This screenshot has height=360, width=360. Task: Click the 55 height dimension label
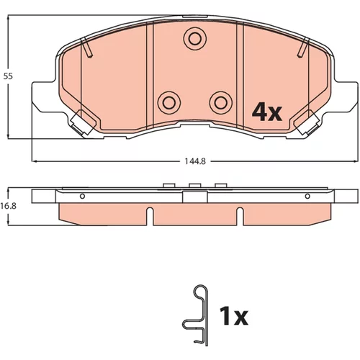tap(8, 76)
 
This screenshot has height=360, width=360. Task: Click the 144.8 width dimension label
tap(195, 161)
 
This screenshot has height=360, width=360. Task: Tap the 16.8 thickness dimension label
tap(8, 206)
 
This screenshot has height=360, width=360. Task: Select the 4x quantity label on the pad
tap(266, 112)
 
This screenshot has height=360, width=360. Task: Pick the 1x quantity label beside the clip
tap(233, 316)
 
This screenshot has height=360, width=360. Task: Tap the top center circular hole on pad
tap(195, 39)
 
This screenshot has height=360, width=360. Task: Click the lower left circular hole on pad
tap(169, 103)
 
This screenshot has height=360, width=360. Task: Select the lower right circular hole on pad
tap(221, 103)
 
